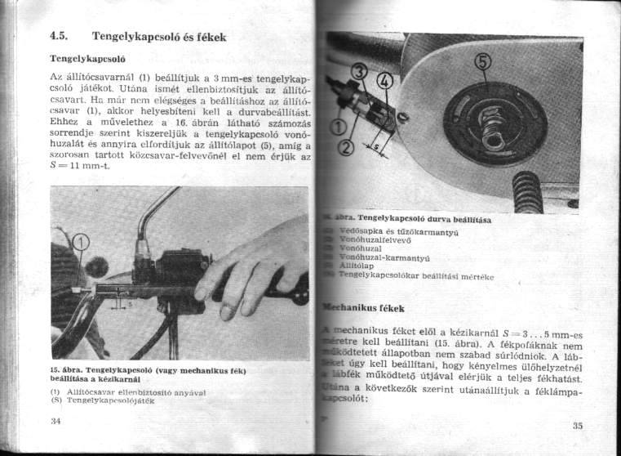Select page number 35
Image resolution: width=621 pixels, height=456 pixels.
tap(577, 426)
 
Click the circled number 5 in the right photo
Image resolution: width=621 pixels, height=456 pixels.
tap(482, 64)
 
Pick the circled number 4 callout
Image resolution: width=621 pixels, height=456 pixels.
tap(385, 83)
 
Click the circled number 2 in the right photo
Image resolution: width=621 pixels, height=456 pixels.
tap(347, 147)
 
